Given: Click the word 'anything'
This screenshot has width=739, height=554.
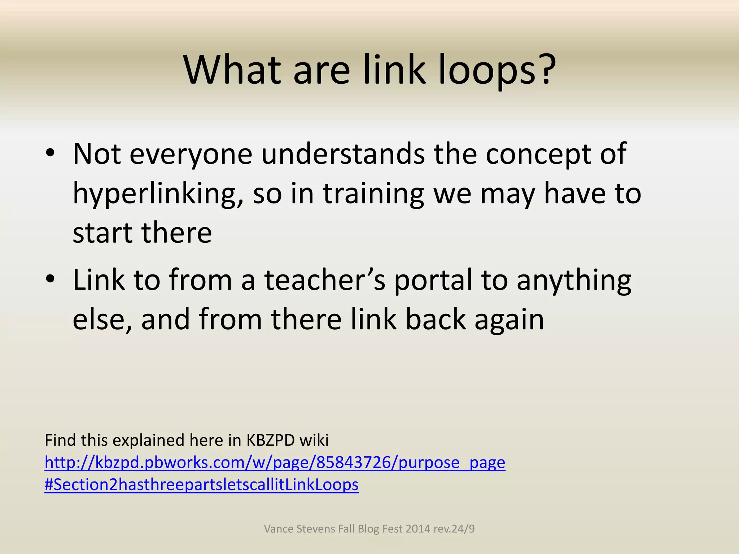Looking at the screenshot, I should [x=574, y=281].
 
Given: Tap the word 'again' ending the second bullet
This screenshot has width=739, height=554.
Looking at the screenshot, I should [x=509, y=320].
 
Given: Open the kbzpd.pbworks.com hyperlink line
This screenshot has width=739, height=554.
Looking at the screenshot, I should [x=275, y=462].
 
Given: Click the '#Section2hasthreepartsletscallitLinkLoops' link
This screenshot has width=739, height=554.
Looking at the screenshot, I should [x=201, y=485].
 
